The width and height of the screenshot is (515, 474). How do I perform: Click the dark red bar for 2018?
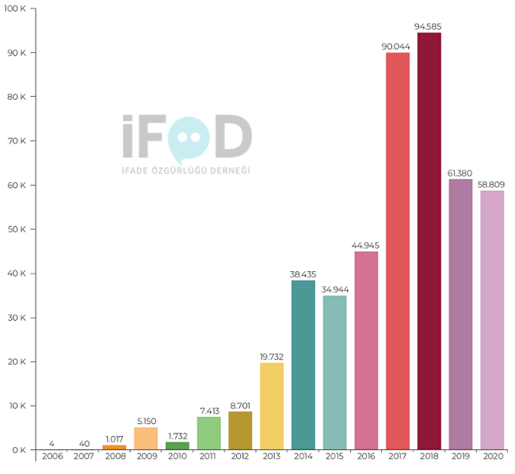(x=429, y=241)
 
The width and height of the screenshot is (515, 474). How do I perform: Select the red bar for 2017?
(x=398, y=251)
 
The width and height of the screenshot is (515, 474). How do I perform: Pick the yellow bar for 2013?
(x=272, y=406)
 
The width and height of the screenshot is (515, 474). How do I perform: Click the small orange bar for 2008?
(x=114, y=447)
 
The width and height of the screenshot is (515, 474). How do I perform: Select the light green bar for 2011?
(x=208, y=433)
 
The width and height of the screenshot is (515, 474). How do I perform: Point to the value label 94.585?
(x=429, y=27)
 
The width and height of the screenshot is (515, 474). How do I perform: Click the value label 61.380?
(x=460, y=174)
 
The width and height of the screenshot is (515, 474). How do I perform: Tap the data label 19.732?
(x=272, y=357)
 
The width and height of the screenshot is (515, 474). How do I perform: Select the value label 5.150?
(x=146, y=422)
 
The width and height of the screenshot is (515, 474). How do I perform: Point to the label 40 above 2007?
(x=83, y=443)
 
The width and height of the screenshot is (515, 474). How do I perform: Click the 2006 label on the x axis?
(x=52, y=457)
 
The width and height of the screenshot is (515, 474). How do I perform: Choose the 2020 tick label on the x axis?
(x=492, y=457)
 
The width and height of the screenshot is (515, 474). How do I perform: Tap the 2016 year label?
(x=366, y=457)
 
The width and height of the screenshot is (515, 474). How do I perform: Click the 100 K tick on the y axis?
(x=17, y=9)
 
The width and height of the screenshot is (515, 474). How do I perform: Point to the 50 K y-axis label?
(x=18, y=230)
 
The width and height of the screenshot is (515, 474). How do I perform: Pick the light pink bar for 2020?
(x=492, y=320)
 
